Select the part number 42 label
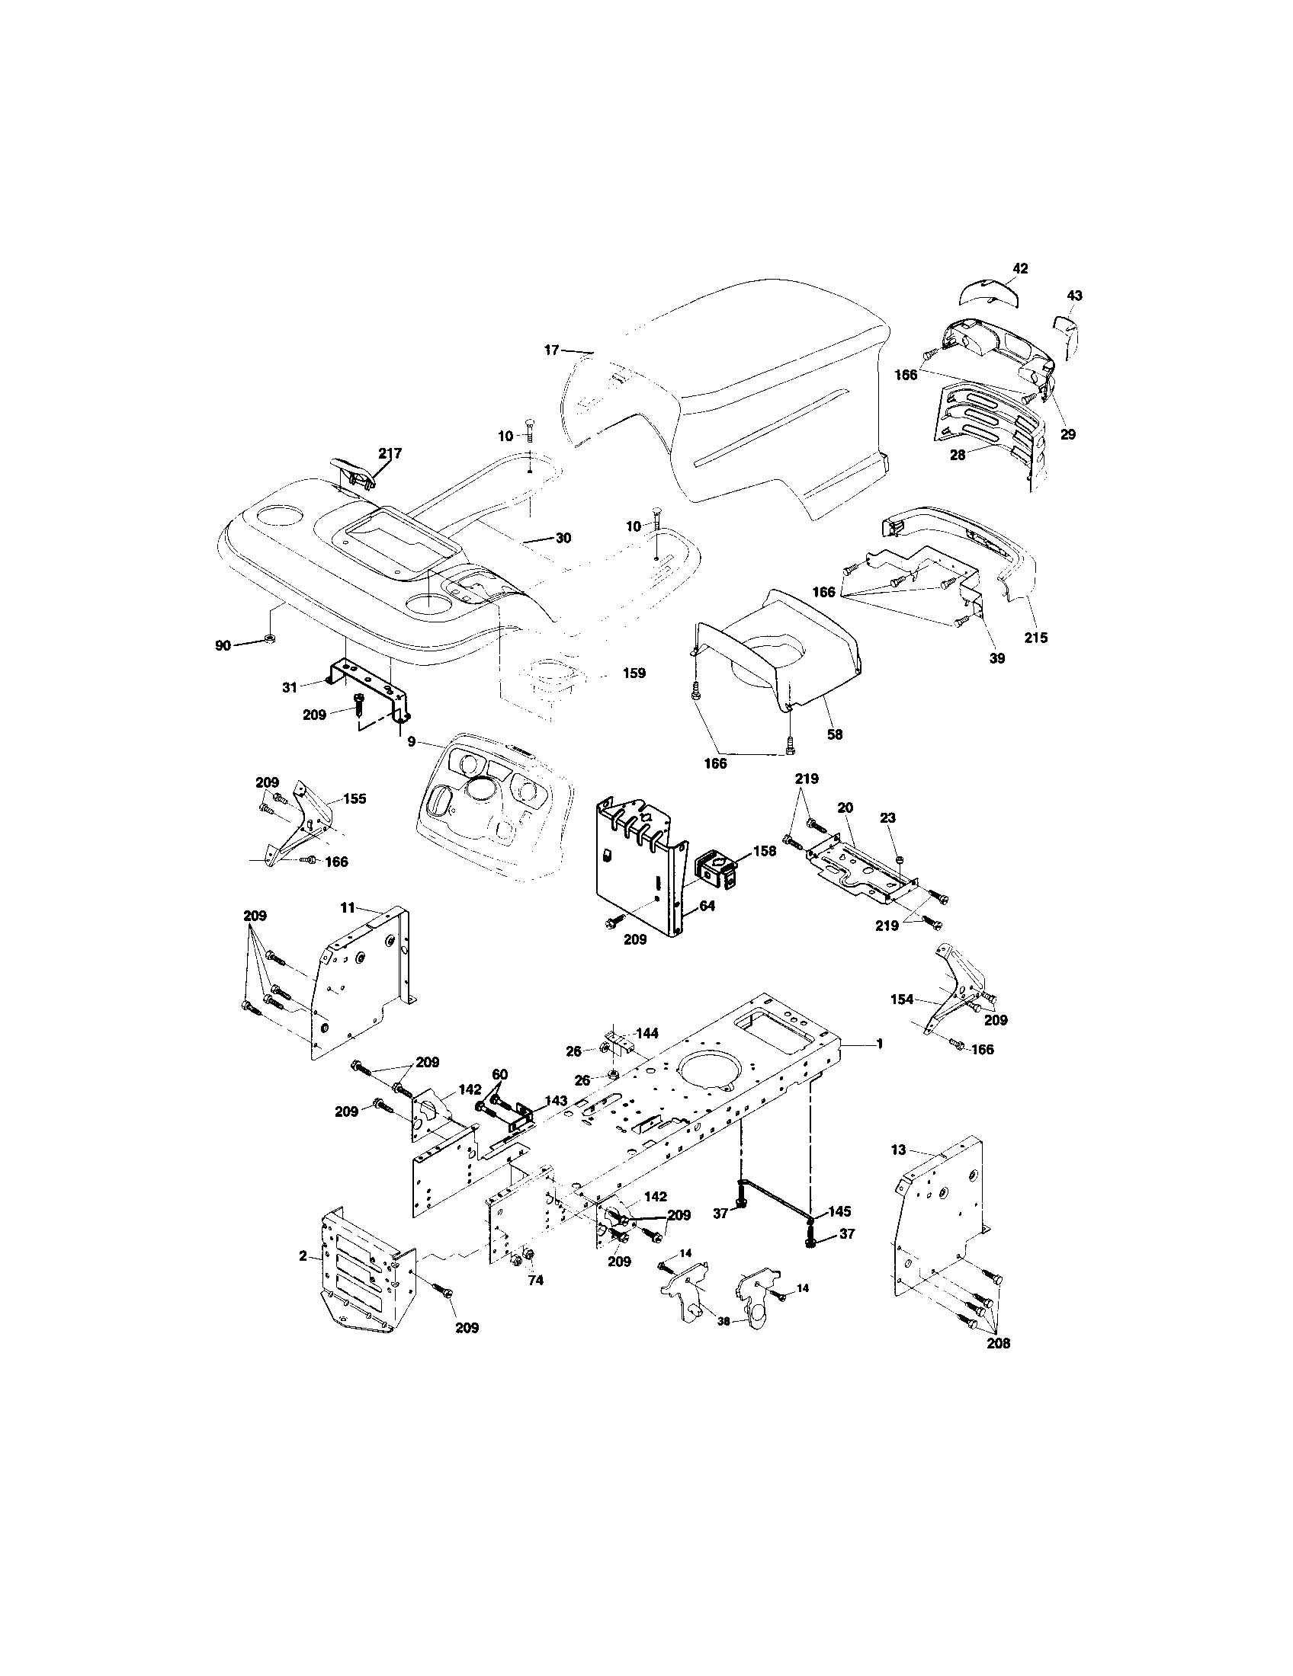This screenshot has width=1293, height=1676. click(x=1019, y=268)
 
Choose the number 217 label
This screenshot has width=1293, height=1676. click(x=390, y=453)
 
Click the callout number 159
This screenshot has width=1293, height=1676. click(x=634, y=673)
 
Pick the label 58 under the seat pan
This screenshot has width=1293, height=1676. click(x=835, y=734)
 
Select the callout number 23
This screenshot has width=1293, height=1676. click(x=887, y=818)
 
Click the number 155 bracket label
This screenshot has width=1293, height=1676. click(x=354, y=798)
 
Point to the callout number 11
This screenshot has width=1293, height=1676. click(x=348, y=907)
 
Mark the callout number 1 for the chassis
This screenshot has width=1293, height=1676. click(x=879, y=1044)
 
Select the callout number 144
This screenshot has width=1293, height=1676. click(x=647, y=1033)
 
